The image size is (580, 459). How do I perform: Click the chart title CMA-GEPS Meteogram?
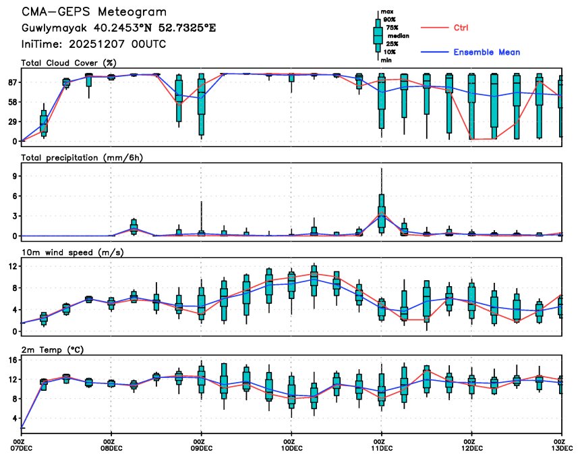[x=94, y=12]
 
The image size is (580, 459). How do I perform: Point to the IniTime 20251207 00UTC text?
[x=93, y=44]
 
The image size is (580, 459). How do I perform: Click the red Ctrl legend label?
[x=461, y=28]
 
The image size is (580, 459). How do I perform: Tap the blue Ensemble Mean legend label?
[x=486, y=52]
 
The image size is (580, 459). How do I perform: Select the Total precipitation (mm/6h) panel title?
[x=82, y=157]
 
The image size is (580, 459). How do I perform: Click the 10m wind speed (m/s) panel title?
[x=69, y=252]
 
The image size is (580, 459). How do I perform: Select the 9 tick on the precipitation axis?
[x=13, y=175]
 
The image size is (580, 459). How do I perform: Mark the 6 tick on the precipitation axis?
[x=13, y=196]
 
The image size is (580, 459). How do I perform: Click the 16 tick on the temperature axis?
[x=11, y=360]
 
